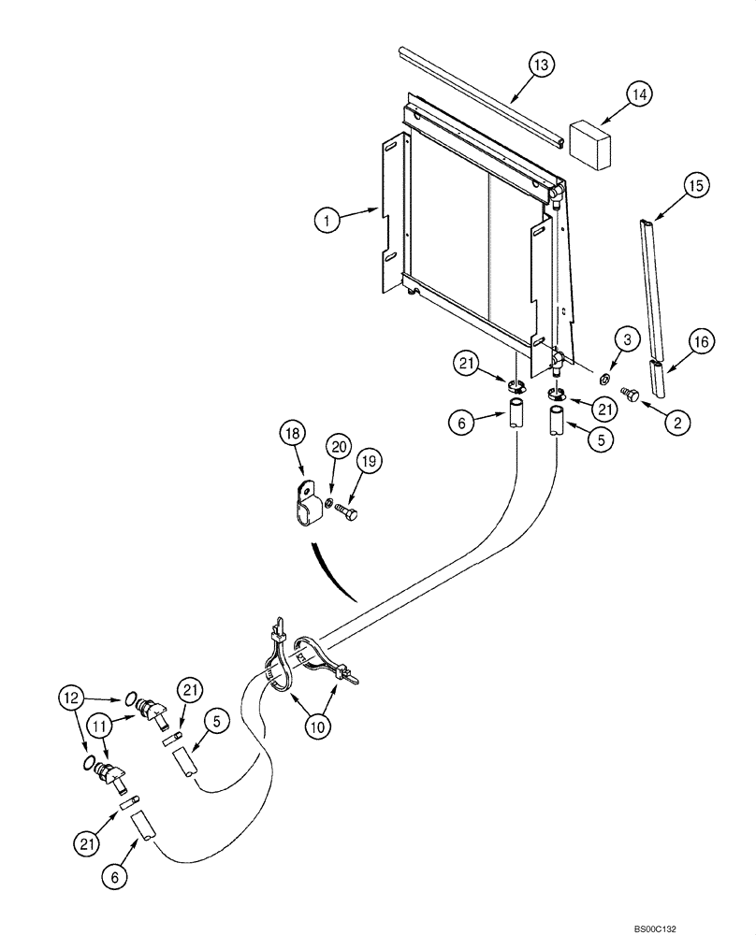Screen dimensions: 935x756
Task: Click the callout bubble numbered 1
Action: tap(326, 221)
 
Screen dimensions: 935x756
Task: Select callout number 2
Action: tap(676, 422)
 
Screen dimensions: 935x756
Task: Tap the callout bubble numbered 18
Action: tap(292, 435)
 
